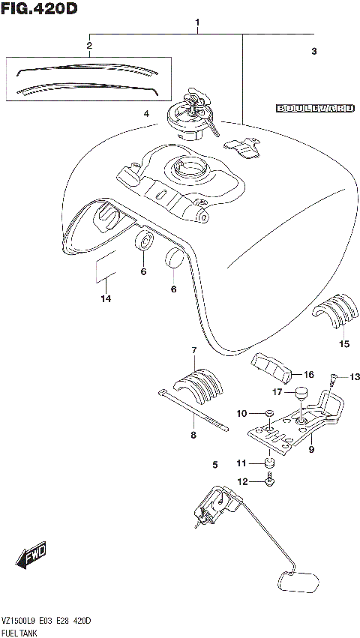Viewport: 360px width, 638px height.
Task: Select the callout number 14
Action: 106,299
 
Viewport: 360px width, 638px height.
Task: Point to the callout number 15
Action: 344,344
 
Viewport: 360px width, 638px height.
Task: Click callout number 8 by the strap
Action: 193,434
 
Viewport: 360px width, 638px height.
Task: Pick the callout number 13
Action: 355,376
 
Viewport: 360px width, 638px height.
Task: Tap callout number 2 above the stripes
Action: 89,46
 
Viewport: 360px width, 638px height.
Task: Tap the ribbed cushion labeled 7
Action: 199,382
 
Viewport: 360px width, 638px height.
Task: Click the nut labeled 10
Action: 268,412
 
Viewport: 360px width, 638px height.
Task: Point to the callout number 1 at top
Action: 197,22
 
